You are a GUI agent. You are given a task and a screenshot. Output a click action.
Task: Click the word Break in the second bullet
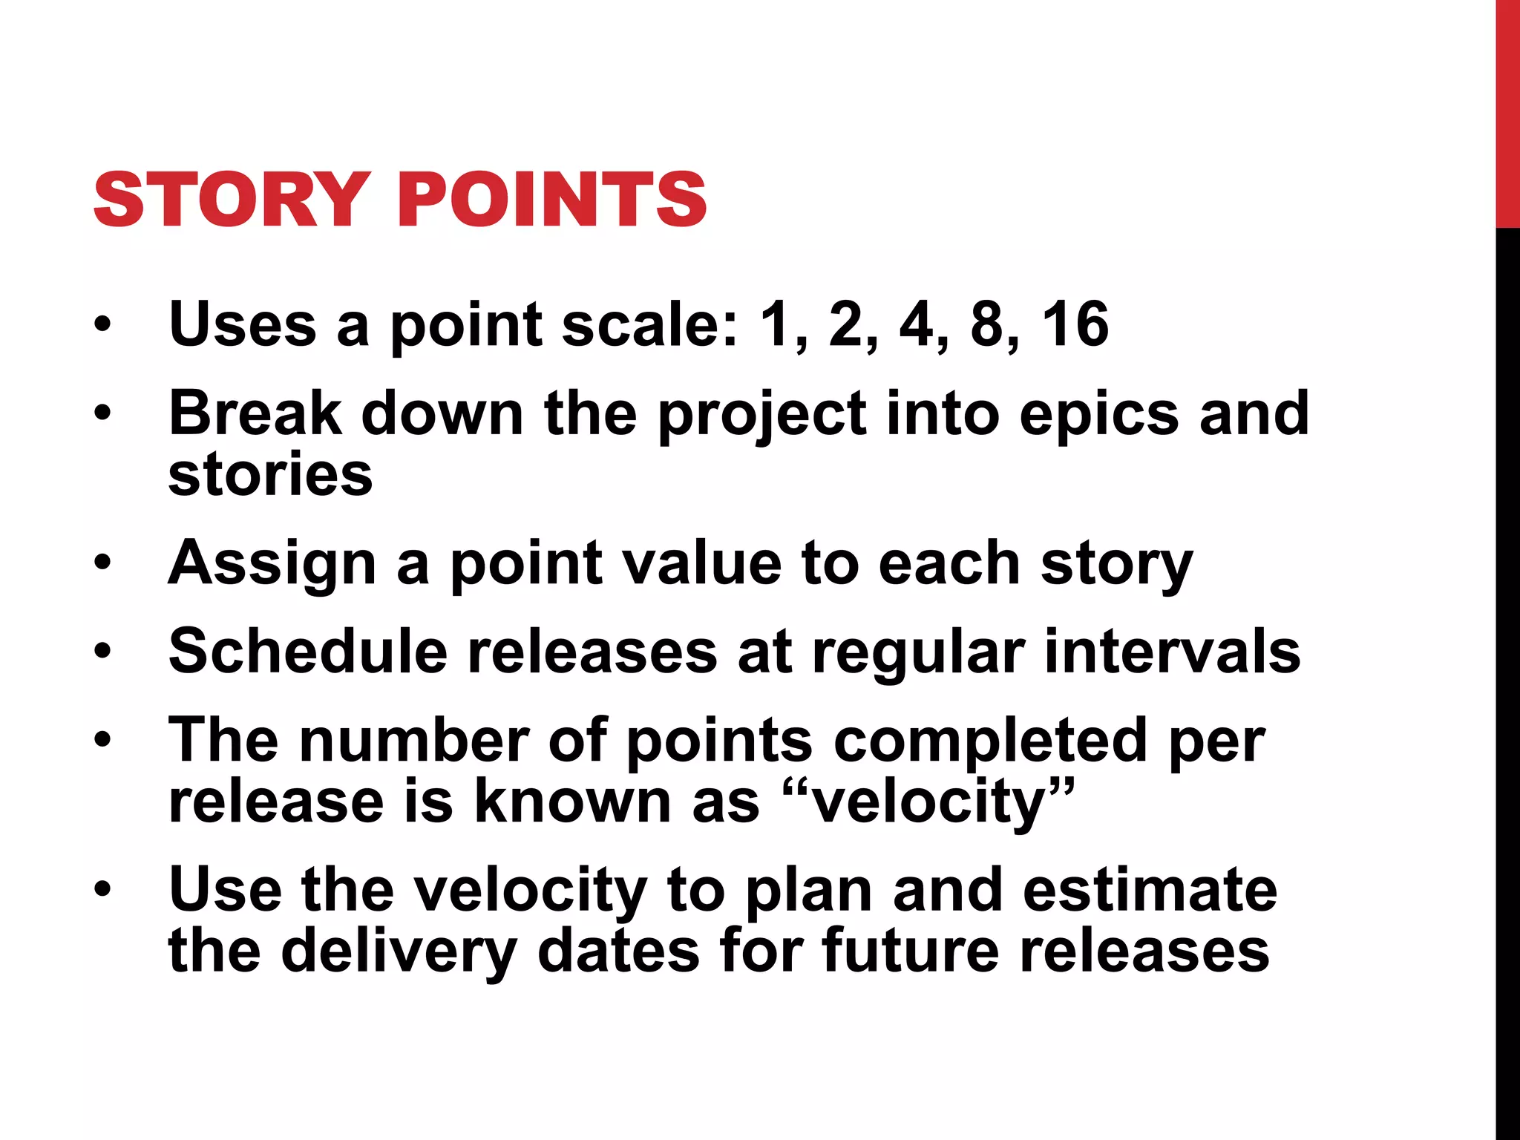pos(255,413)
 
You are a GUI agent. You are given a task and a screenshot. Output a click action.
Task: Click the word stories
pos(270,474)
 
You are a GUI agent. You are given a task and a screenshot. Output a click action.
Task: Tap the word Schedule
pos(308,652)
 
